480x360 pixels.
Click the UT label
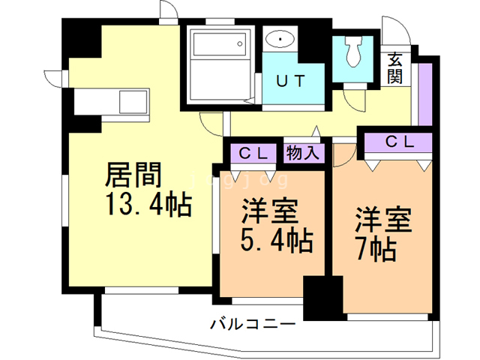(x=293, y=82)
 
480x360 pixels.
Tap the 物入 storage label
(x=303, y=153)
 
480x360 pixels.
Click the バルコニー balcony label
(x=253, y=325)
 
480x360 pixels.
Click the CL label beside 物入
(x=253, y=153)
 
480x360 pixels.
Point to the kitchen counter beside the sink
(x=94, y=101)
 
